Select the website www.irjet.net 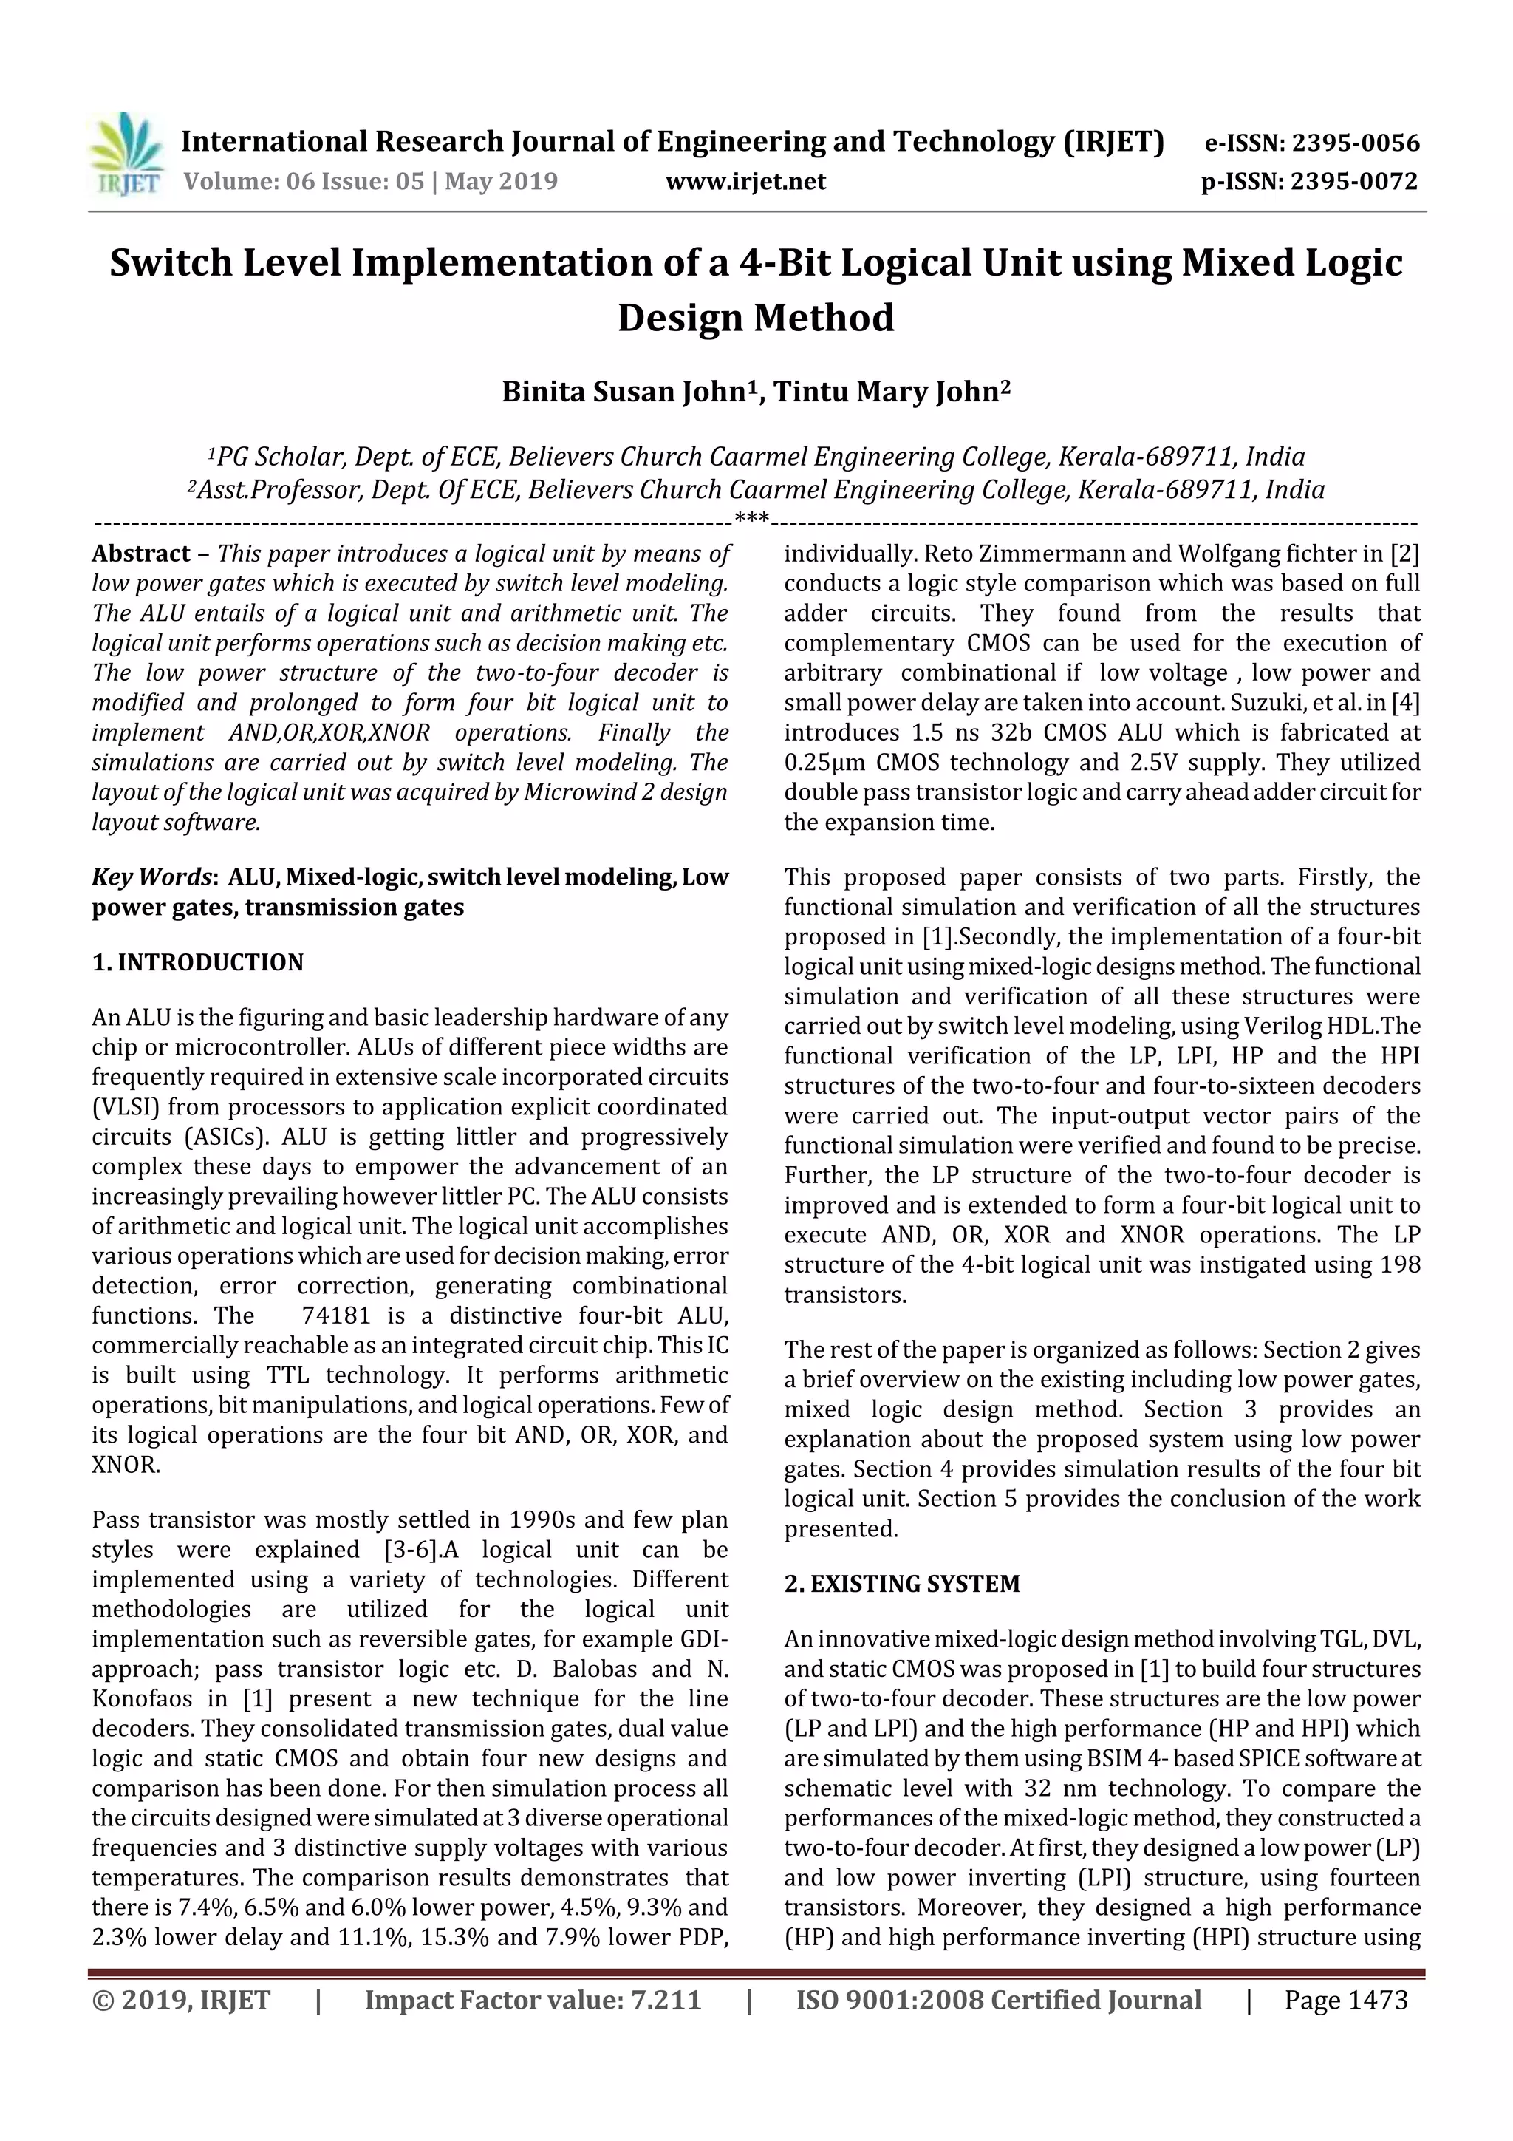(745, 182)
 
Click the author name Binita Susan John (624, 392)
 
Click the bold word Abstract (141, 554)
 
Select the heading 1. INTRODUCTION (198, 962)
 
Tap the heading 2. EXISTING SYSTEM (901, 1585)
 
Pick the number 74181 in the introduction (335, 1315)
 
